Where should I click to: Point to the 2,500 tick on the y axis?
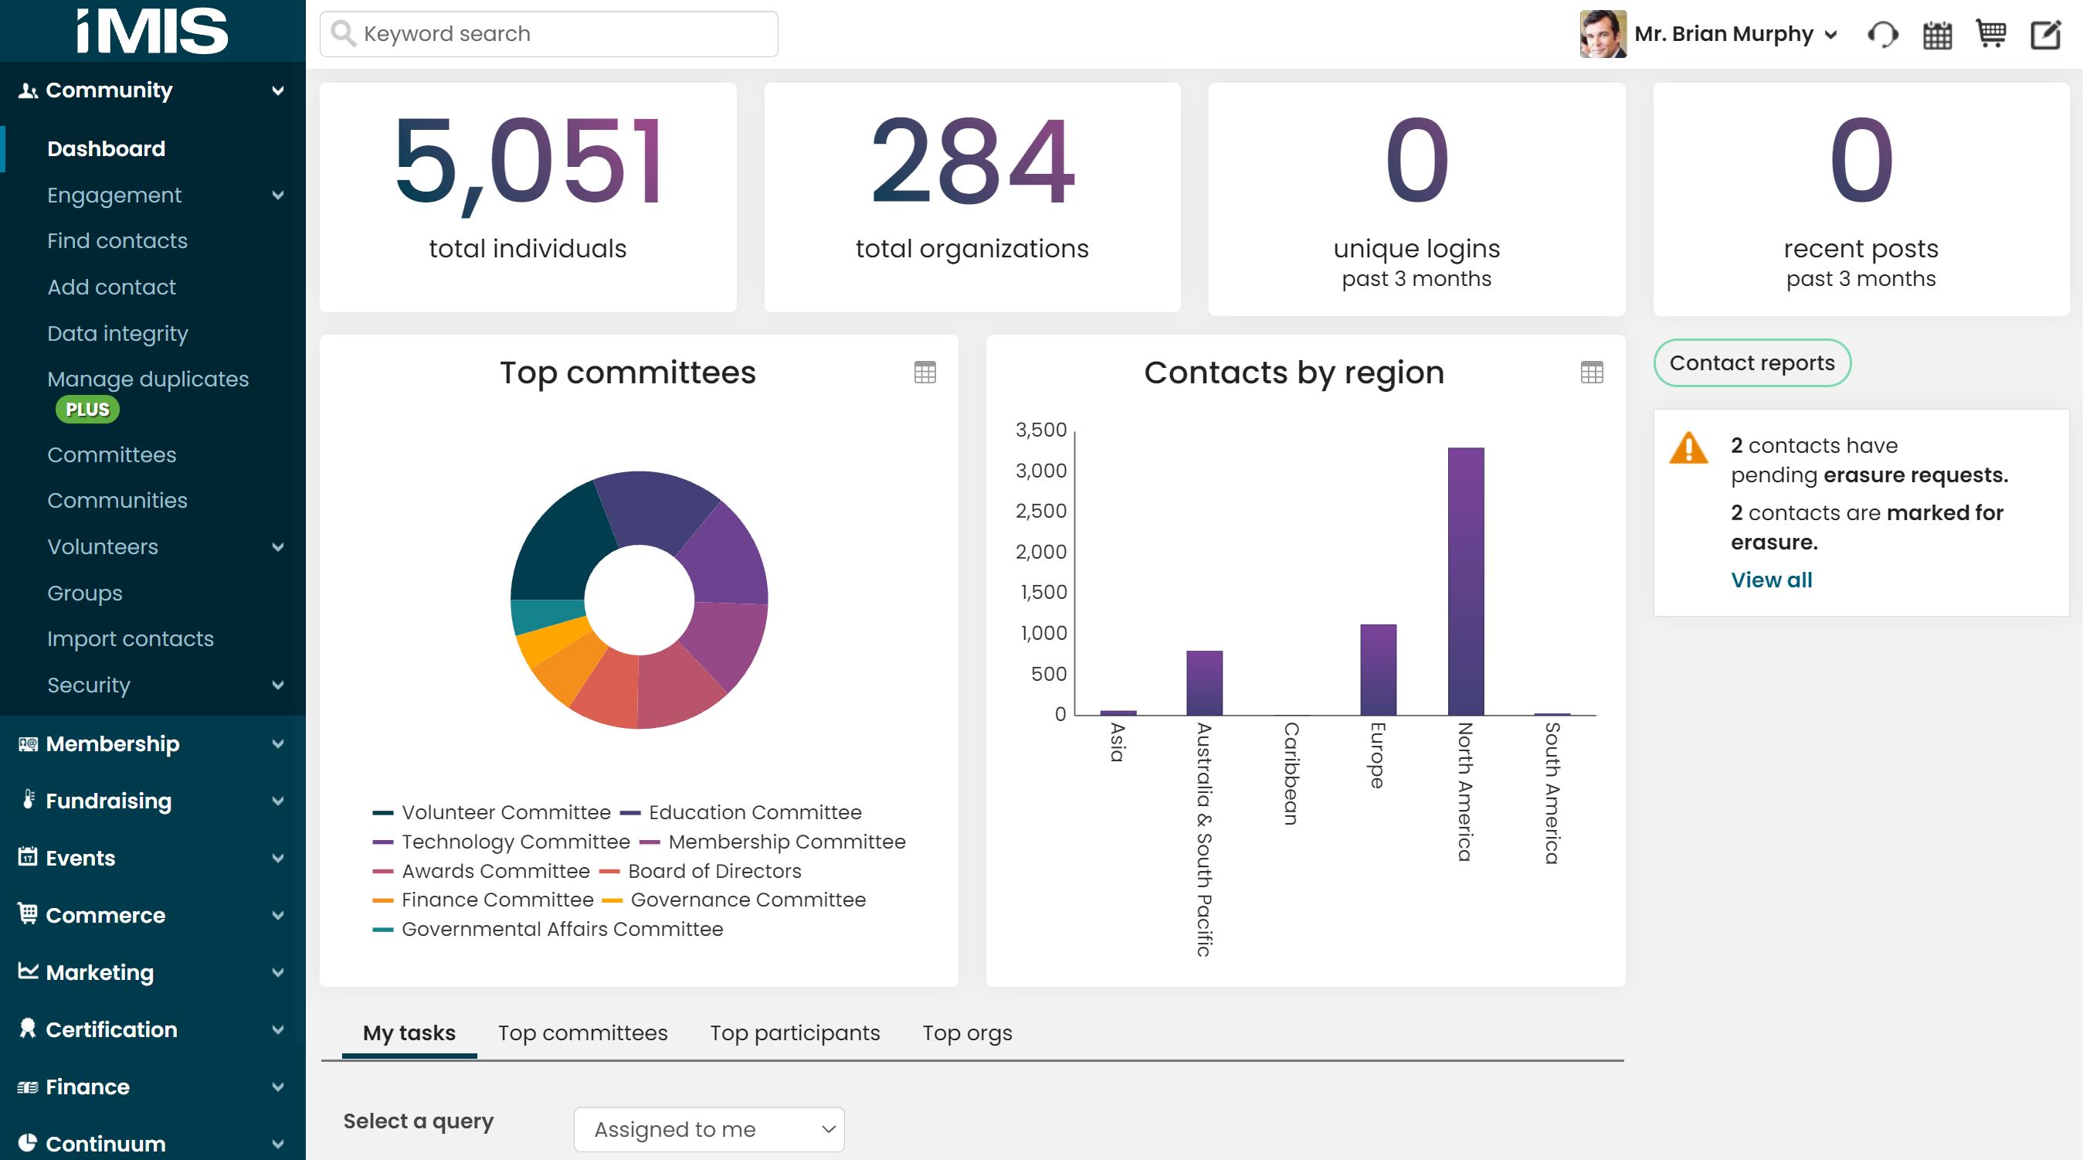coord(1040,512)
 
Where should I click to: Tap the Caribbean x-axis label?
coord(1291,773)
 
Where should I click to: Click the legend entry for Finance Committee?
coord(497,900)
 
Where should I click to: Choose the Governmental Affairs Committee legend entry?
coord(561,929)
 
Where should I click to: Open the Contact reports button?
coord(1752,363)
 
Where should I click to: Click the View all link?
coord(1771,580)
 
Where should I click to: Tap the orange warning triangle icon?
coord(1688,448)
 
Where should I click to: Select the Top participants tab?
coord(794,1033)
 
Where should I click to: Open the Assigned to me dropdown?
coord(708,1129)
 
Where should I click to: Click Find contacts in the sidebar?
coord(117,241)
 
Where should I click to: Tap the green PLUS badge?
coord(87,410)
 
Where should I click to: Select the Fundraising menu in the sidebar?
coord(109,801)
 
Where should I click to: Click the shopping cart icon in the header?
coord(1990,34)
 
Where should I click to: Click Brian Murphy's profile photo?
coord(1602,34)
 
